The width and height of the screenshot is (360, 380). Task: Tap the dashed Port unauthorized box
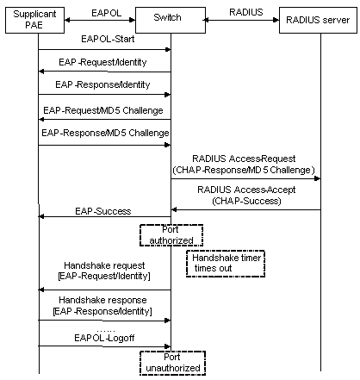[x=170, y=363]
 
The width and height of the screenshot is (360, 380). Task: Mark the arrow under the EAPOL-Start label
[x=103, y=49]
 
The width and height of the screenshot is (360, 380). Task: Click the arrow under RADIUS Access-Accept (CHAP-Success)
[x=245, y=209]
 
